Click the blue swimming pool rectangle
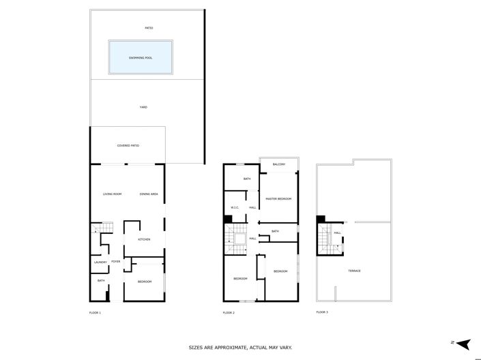click(x=141, y=57)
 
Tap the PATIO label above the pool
click(x=148, y=28)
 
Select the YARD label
click(x=143, y=107)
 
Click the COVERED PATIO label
click(x=128, y=145)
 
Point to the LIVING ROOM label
click(x=112, y=194)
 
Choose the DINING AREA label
click(x=149, y=194)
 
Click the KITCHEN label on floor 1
click(x=144, y=239)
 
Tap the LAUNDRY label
click(x=100, y=262)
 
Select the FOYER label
click(x=116, y=262)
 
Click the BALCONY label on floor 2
click(x=278, y=164)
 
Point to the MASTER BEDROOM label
click(x=278, y=198)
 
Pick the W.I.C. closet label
click(x=234, y=207)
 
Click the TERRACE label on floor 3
click(x=354, y=271)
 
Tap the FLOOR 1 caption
click(x=95, y=312)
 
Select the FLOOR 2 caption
click(x=229, y=312)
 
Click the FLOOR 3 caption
click(x=322, y=312)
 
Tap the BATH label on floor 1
click(x=100, y=281)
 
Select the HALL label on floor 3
click(x=337, y=232)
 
